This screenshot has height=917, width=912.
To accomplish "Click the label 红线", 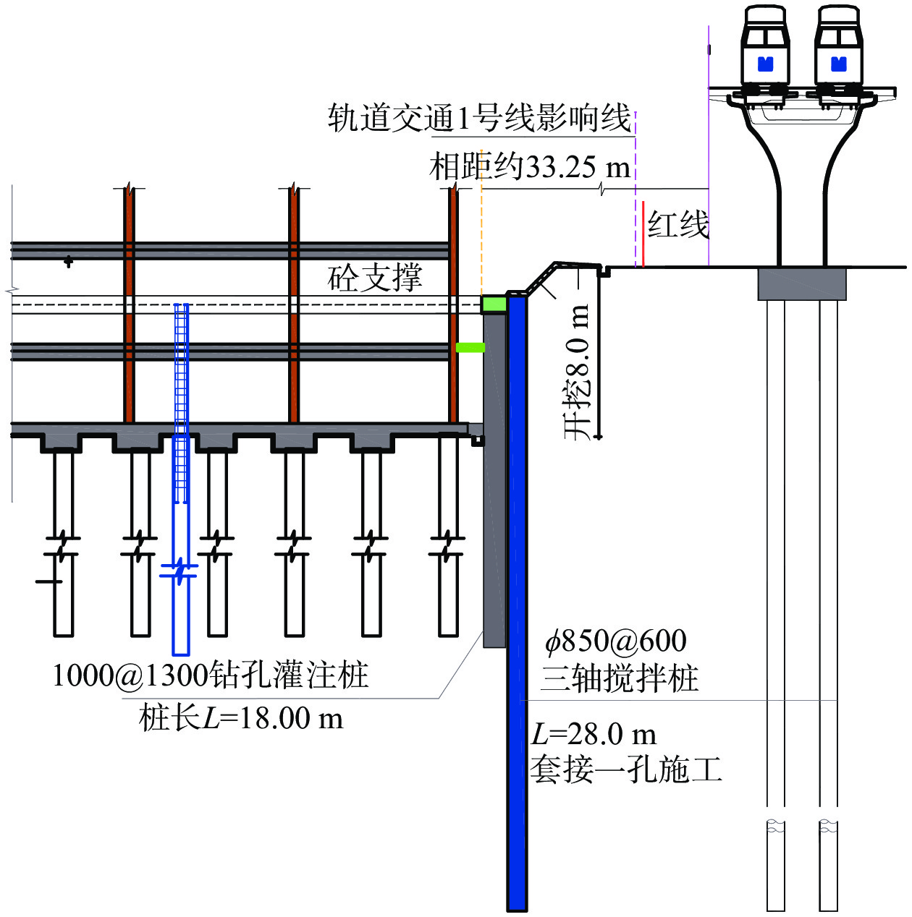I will click(x=677, y=225).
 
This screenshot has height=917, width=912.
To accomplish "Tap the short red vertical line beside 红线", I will click(x=643, y=234).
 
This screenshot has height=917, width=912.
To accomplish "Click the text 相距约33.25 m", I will click(x=530, y=167).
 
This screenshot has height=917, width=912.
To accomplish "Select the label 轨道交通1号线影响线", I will click(x=480, y=118).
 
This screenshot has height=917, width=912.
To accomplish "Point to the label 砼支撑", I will click(x=375, y=278).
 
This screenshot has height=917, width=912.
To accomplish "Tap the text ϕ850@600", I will click(x=616, y=641).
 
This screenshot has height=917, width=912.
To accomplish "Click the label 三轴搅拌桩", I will click(x=620, y=678).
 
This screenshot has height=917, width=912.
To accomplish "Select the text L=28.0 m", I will click(x=594, y=734).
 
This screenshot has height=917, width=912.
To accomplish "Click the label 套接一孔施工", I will click(x=626, y=769).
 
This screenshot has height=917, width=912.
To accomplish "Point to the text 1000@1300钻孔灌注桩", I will click(x=211, y=675).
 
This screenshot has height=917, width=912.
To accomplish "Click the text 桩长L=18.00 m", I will click(x=241, y=718).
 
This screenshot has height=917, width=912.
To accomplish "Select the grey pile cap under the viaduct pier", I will click(x=802, y=283).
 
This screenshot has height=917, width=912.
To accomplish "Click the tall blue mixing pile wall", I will click(x=517, y=600).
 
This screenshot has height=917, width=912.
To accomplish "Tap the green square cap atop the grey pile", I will click(x=494, y=304).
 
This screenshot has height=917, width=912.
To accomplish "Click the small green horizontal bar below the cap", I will click(x=470, y=348).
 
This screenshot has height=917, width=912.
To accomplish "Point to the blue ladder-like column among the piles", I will click(x=181, y=405).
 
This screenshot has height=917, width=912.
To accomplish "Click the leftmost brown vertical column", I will click(x=129, y=304).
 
